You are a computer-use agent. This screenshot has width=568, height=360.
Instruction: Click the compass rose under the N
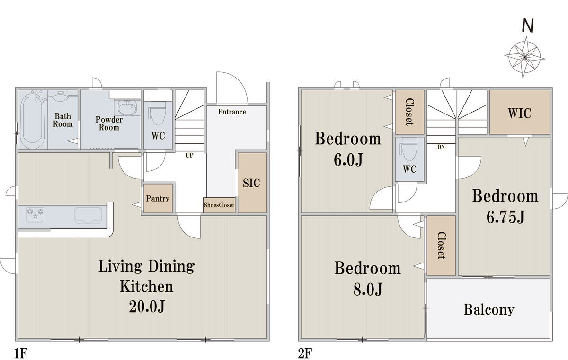(524, 57)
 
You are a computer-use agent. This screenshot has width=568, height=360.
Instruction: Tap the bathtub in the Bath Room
(33, 120)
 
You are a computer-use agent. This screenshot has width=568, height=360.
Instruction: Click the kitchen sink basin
(88, 216)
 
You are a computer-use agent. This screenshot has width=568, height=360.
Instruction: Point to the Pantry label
(158, 199)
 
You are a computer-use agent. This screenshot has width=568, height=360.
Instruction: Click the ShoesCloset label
(219, 205)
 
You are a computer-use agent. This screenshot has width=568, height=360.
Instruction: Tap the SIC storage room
(252, 183)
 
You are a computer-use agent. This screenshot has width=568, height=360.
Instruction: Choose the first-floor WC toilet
(158, 113)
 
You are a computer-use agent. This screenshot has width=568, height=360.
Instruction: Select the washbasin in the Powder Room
(127, 108)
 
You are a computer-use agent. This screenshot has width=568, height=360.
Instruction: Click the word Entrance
(232, 112)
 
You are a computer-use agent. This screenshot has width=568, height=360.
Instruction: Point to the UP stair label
(189, 155)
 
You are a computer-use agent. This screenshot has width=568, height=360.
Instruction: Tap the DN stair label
(441, 147)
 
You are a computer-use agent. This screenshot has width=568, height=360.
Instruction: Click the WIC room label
(520, 113)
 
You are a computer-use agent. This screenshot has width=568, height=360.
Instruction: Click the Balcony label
(489, 310)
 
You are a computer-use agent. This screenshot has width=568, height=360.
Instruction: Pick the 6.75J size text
(505, 217)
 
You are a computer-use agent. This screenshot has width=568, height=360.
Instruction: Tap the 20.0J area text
(147, 307)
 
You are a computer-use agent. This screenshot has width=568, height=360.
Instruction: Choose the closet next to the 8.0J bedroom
(441, 246)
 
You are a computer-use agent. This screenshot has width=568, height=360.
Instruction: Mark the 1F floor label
(20, 353)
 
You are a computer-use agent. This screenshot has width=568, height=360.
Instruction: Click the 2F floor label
(305, 353)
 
